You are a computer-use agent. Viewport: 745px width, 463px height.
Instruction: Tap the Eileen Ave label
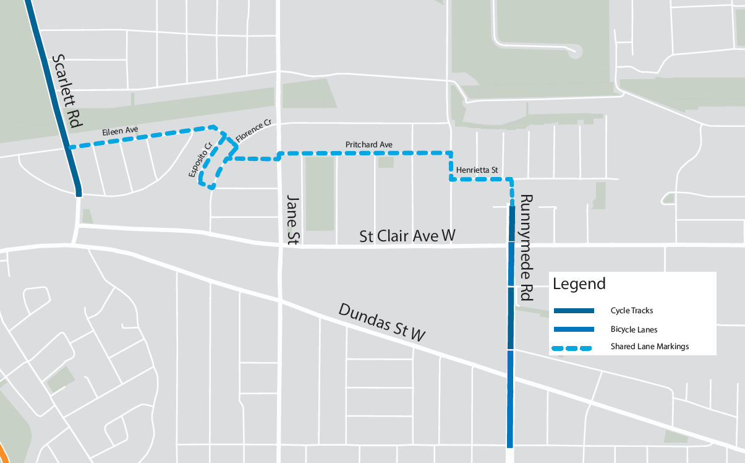tap(120, 132)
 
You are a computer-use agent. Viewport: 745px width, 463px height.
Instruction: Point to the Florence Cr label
tap(253, 133)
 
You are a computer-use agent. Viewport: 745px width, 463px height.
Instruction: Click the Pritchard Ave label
tap(369, 145)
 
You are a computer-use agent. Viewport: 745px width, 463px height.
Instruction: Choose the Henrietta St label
tap(477, 170)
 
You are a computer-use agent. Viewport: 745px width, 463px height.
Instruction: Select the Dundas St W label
tap(382, 322)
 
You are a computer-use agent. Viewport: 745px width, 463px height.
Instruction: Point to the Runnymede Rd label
tap(526, 248)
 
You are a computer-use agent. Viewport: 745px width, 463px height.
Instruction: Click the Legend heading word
tap(579, 284)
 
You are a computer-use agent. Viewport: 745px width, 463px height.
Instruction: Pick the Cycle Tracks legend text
tap(632, 311)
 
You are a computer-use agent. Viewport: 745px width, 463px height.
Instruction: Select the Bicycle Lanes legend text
tap(634, 330)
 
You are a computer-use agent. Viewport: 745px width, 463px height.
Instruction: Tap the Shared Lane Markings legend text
tap(649, 347)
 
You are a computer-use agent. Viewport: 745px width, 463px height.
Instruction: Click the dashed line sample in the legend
tap(573, 348)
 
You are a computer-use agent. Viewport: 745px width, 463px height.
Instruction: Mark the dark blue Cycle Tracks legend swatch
tap(573, 311)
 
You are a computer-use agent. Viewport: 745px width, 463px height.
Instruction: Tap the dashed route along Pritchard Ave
tap(365, 152)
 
